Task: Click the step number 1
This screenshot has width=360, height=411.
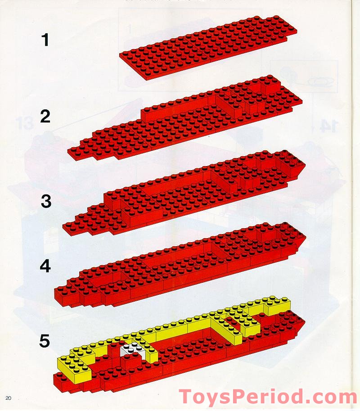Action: pyautogui.click(x=45, y=40)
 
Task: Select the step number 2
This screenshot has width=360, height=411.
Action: pyautogui.click(x=45, y=116)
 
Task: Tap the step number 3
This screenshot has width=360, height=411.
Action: pyautogui.click(x=46, y=201)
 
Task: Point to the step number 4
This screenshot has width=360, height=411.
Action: pyautogui.click(x=45, y=266)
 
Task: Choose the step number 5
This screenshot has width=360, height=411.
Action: pyautogui.click(x=45, y=340)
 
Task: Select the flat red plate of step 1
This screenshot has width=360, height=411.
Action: pyautogui.click(x=209, y=47)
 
